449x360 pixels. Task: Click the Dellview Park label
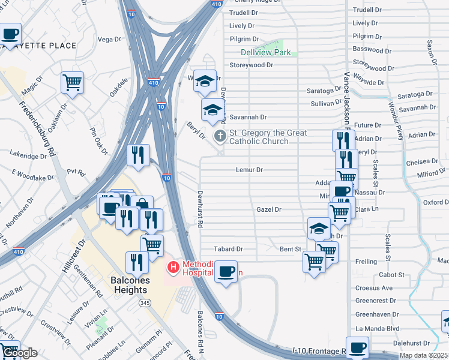coord(265,52)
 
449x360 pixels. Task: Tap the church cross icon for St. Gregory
coord(220,136)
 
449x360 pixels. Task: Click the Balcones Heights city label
coord(128,285)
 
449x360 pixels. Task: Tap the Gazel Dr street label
coord(268,209)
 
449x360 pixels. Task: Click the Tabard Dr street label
coord(228,249)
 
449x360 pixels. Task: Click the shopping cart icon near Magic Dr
coord(72,82)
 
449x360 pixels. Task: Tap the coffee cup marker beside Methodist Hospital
coord(226,271)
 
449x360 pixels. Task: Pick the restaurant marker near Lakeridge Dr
coord(138,155)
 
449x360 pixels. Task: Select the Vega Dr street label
coord(109,40)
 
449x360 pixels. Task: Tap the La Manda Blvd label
coord(377,329)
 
